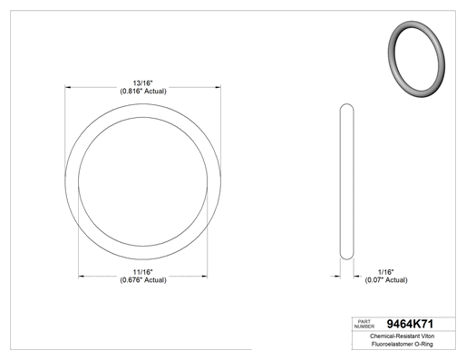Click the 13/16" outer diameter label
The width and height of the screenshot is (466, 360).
[143, 83]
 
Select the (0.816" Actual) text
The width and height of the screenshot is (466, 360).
[143, 91]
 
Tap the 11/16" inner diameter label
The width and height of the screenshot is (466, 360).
[143, 272]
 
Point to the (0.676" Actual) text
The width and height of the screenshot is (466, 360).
[143, 280]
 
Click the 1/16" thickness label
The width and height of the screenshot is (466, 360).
[386, 272]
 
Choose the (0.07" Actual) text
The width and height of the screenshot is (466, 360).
[386, 280]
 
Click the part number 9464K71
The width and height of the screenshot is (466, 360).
[410, 324]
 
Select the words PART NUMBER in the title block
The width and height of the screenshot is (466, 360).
[364, 324]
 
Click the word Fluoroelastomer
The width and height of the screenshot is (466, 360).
[388, 344]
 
